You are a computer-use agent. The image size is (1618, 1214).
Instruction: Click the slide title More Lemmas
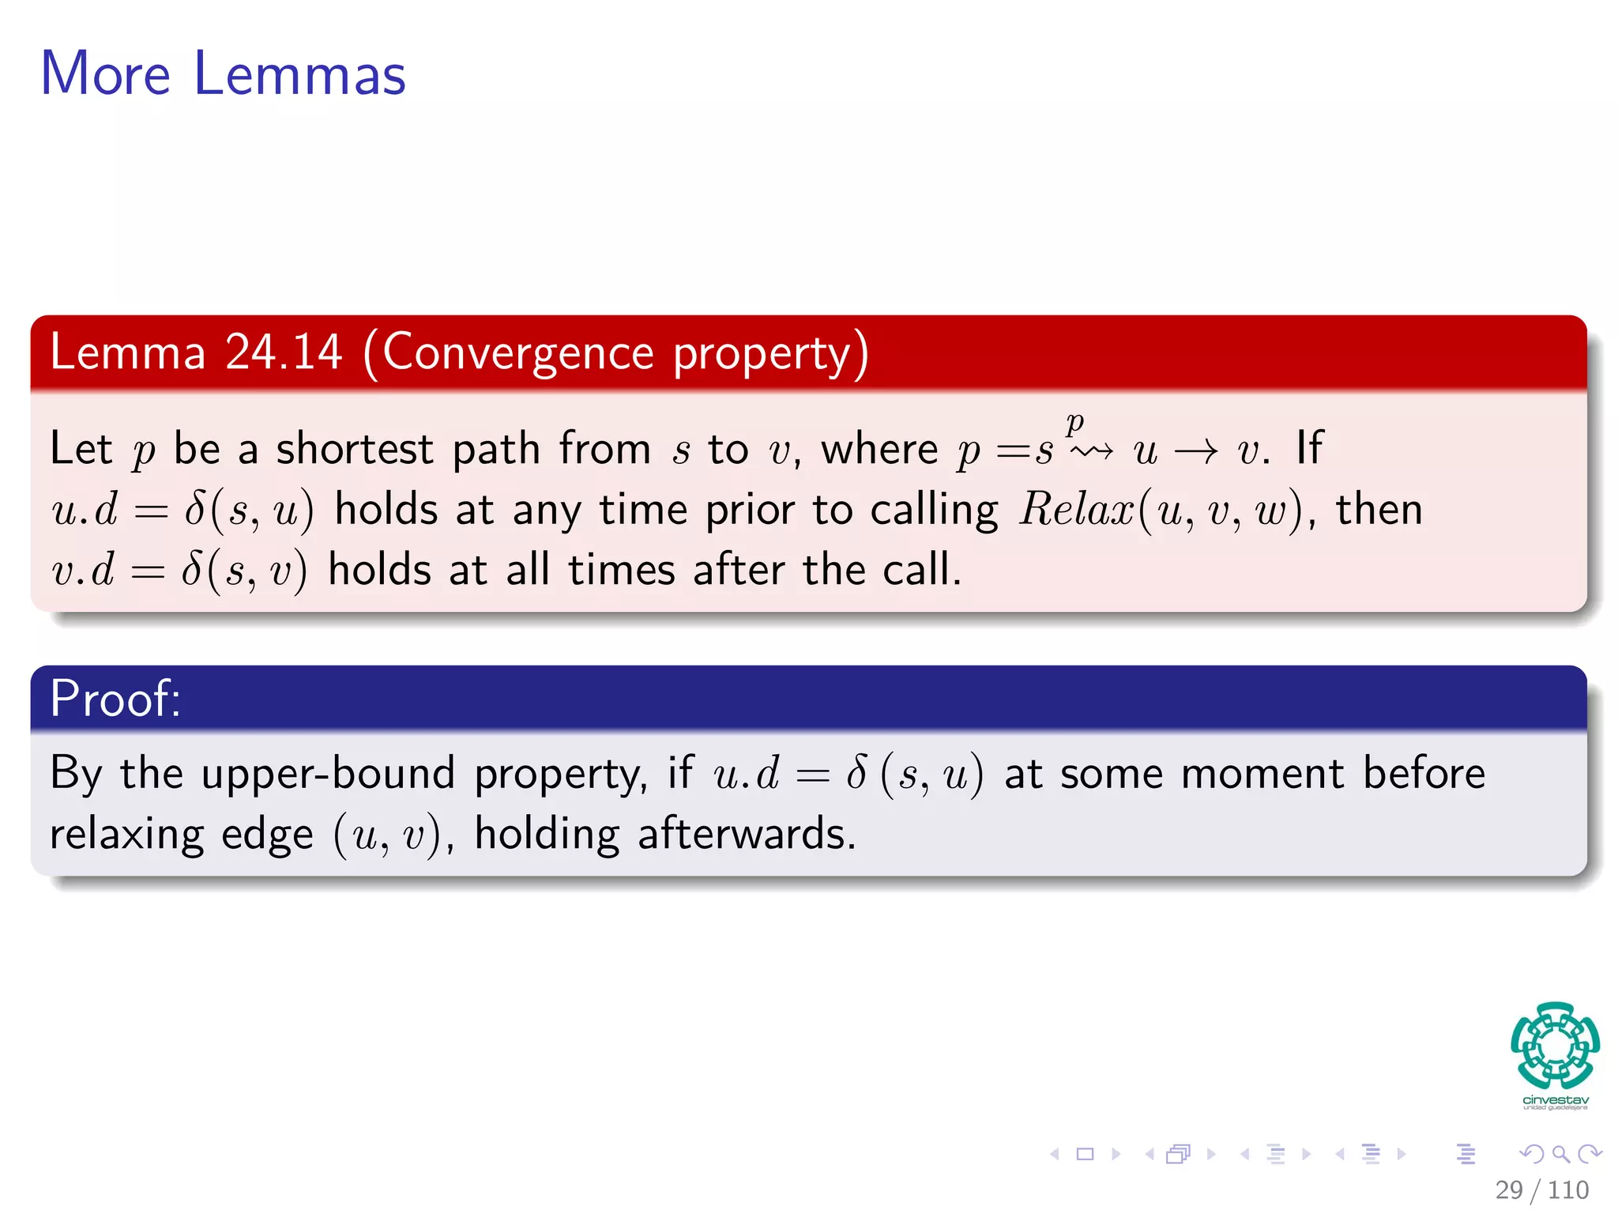[x=223, y=74]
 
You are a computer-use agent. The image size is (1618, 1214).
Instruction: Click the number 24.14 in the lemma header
[x=283, y=353]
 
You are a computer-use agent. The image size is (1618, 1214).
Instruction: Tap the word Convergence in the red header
[x=518, y=353]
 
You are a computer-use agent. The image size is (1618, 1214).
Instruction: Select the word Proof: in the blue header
[x=115, y=699]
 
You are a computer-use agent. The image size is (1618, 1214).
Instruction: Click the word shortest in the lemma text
[x=354, y=449]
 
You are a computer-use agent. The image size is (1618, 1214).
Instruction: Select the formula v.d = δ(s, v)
[x=179, y=571]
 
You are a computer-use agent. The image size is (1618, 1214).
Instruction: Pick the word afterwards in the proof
[x=747, y=835]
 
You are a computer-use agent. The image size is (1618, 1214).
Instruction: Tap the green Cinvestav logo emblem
[x=1555, y=1045]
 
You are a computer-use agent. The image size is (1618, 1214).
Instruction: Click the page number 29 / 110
[x=1541, y=1189]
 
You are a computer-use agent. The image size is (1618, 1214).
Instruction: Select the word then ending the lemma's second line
[x=1379, y=510]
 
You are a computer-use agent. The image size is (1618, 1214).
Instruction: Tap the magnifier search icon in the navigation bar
[x=1560, y=1154]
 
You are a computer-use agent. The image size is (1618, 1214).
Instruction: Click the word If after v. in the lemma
[x=1309, y=448]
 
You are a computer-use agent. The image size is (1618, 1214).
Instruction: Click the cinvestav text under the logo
[x=1555, y=1100]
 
